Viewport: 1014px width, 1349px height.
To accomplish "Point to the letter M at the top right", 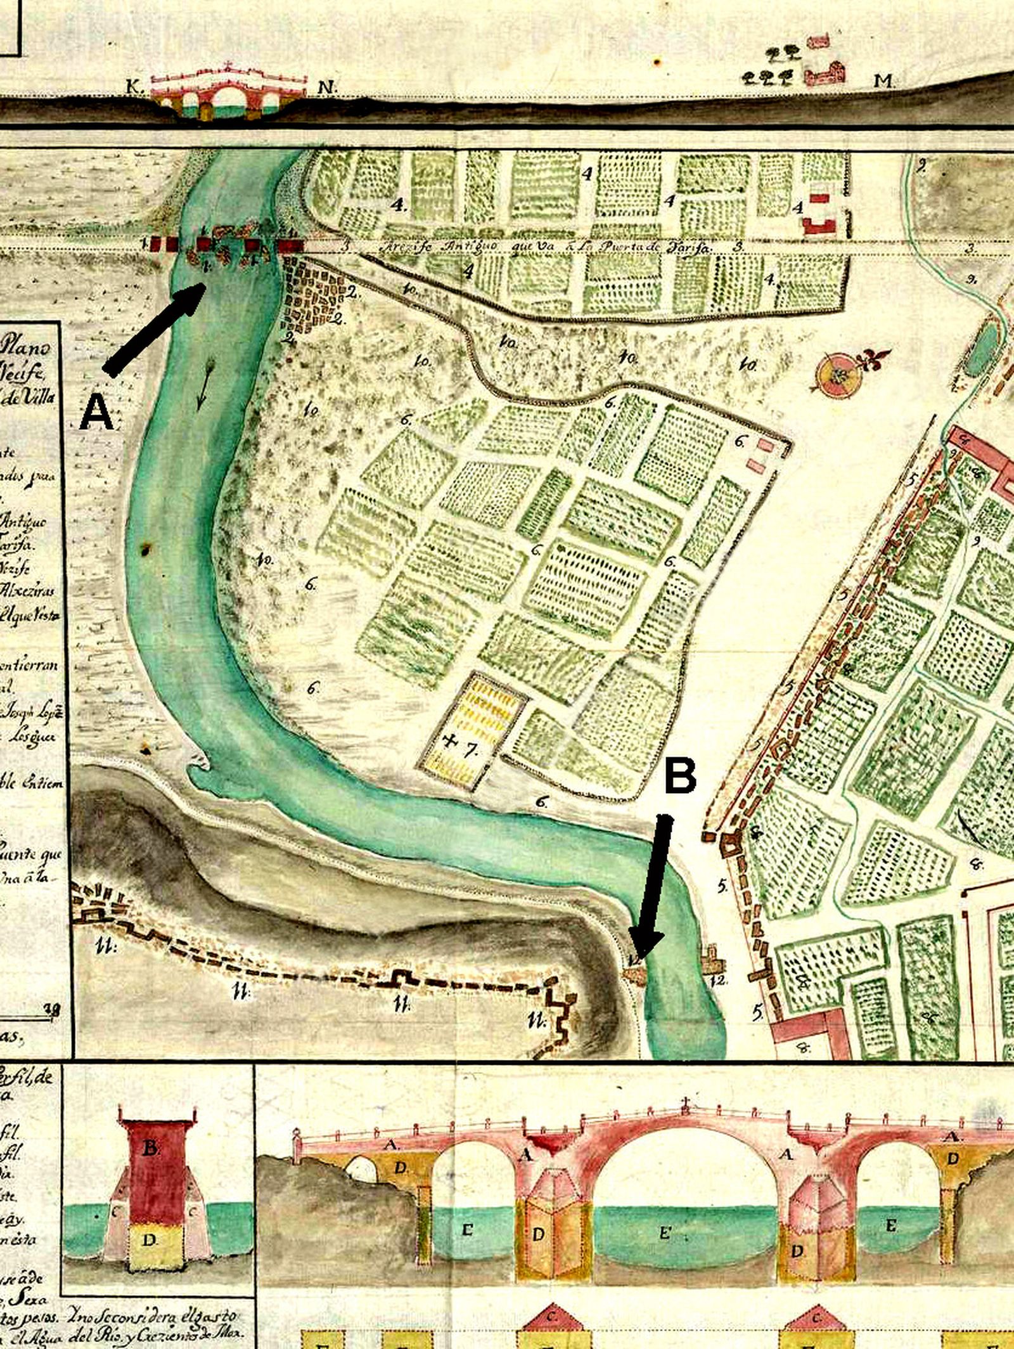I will (882, 81).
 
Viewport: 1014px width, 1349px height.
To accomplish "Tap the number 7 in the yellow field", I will (470, 750).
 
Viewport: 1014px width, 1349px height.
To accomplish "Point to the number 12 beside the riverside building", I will (719, 980).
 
